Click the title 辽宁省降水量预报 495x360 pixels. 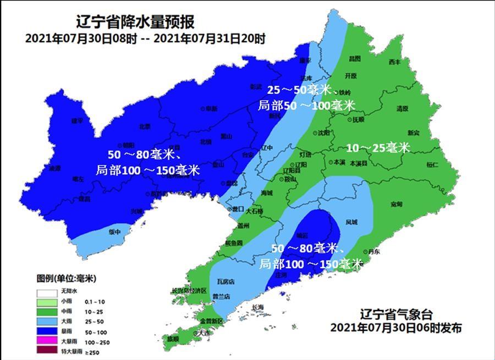[x=135, y=23]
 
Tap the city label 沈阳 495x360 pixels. [x=324, y=133]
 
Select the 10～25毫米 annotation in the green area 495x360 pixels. [x=378, y=148]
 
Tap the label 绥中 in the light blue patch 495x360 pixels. [x=114, y=232]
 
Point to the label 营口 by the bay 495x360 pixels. [x=238, y=209]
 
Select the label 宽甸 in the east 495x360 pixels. [x=397, y=204]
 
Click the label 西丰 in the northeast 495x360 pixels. [x=394, y=62]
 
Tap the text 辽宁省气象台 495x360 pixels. [x=396, y=315]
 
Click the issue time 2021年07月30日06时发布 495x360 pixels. [x=396, y=328]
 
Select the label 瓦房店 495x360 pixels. [x=226, y=281]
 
